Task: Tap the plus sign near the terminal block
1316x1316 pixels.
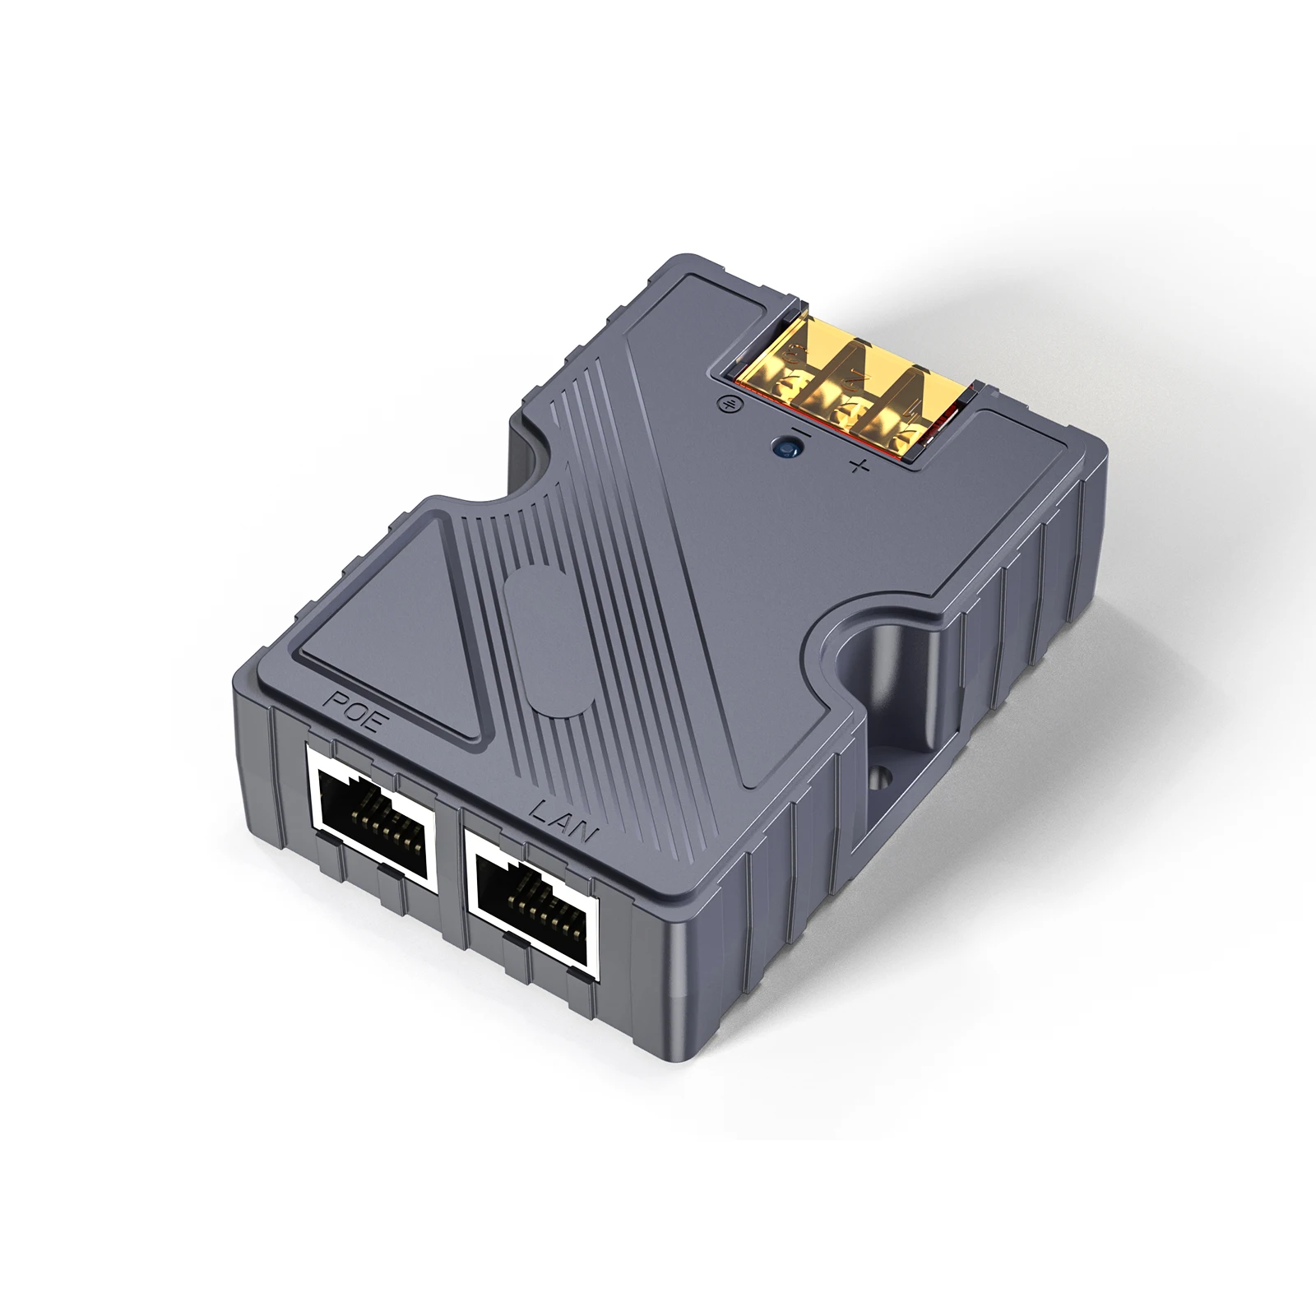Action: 858,468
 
